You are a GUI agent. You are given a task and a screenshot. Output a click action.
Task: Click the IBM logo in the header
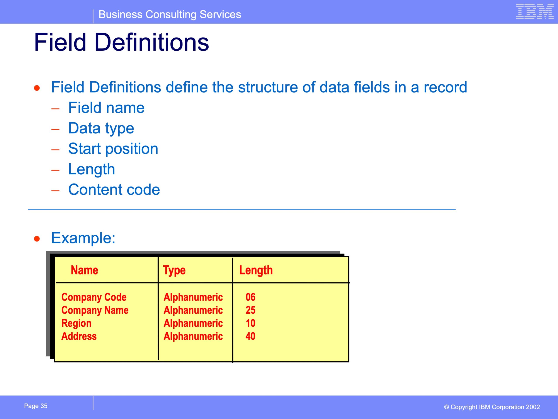point(535,11)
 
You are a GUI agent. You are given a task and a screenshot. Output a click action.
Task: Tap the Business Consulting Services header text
point(170,14)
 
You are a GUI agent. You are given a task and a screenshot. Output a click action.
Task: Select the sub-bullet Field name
point(106,108)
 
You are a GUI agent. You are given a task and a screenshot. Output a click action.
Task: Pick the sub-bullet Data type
point(101,129)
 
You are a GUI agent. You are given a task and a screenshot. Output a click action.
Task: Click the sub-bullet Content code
point(114,190)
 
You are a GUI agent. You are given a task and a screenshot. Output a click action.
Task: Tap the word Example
point(83,238)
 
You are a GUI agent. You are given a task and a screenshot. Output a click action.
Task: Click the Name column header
point(84,270)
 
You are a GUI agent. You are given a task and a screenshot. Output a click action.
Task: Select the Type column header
point(174,270)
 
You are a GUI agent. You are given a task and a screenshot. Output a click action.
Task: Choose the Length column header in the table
point(256,270)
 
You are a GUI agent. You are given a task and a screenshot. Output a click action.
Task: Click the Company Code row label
point(94,297)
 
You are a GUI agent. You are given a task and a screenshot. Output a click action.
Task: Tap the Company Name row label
point(95,310)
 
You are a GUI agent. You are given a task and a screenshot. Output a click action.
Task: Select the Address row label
point(79,336)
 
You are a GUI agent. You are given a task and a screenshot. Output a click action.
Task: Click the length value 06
point(250,297)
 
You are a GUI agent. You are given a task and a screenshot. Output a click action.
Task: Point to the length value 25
point(250,310)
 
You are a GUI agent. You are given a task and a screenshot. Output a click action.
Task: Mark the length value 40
point(250,336)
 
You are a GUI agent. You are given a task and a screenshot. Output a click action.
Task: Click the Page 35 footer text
point(36,406)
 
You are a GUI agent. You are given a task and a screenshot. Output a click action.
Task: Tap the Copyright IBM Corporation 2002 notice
point(492,407)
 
